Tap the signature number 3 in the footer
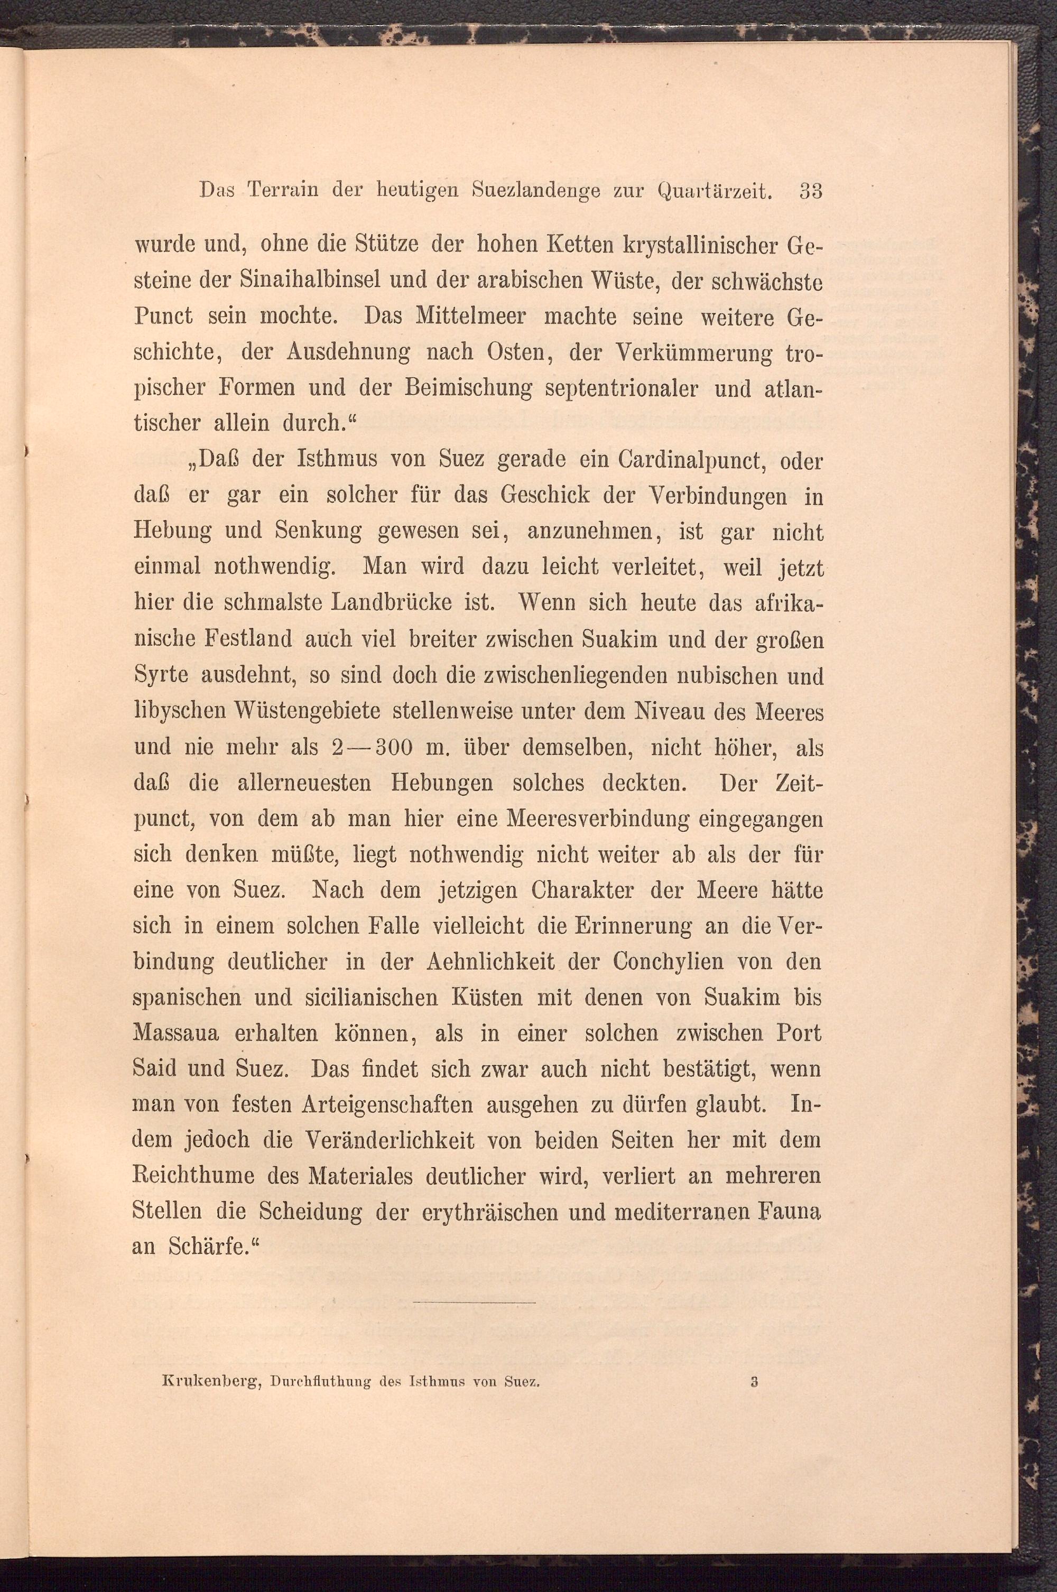(x=754, y=1451)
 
